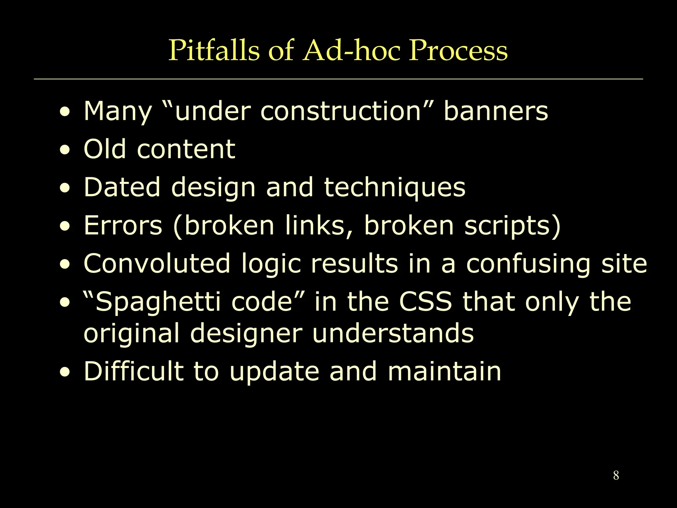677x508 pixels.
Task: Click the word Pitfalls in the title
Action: tap(214, 50)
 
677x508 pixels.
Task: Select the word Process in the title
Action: tap(458, 50)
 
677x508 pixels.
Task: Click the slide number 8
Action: tap(616, 476)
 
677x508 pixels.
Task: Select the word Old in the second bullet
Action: tap(104, 149)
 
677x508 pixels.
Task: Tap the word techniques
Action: tap(394, 188)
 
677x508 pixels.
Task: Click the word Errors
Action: tap(123, 226)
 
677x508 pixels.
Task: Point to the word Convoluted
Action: tap(157, 264)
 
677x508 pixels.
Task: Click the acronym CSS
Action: tap(425, 302)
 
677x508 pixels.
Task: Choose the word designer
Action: tap(246, 333)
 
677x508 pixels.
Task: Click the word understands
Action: tap(393, 333)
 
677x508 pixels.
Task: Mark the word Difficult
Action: tap(134, 371)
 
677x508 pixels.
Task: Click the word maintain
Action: tap(445, 371)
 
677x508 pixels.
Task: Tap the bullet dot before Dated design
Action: tap(65, 188)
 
